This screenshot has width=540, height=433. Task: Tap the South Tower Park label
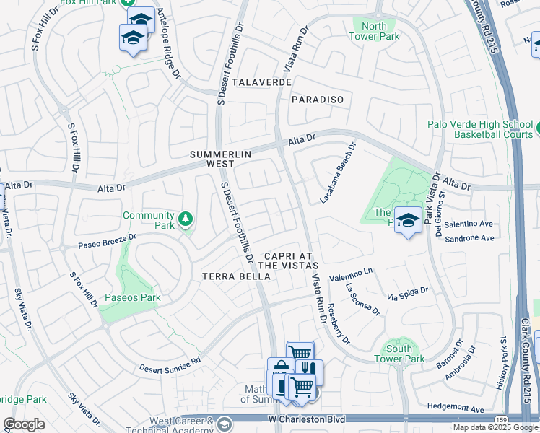pyautogui.click(x=399, y=353)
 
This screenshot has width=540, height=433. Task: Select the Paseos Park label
pyautogui.click(x=132, y=297)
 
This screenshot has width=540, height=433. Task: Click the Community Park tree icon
pyautogui.click(x=186, y=219)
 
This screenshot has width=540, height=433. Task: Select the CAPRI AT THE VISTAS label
pyautogui.click(x=287, y=261)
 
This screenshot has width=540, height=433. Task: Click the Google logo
pyautogui.click(x=24, y=424)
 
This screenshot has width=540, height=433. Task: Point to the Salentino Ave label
pyautogui.click(x=469, y=224)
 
